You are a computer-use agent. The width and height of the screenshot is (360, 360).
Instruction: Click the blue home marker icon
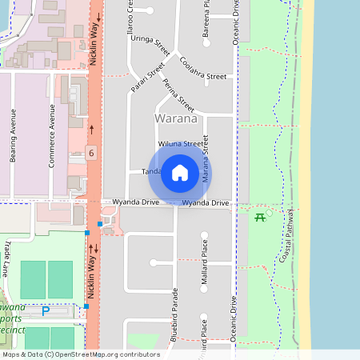[180, 173]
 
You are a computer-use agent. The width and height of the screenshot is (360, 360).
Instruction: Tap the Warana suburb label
[176, 118]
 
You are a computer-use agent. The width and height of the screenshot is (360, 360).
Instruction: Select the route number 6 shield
[92, 153]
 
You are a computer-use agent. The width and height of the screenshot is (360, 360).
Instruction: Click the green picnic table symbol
[260, 218]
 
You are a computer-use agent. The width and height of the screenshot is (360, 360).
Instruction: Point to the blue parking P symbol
[46, 310]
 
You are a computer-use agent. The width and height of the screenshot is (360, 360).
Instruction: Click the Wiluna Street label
[180, 144]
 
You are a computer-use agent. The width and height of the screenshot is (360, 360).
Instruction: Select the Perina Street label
[178, 94]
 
